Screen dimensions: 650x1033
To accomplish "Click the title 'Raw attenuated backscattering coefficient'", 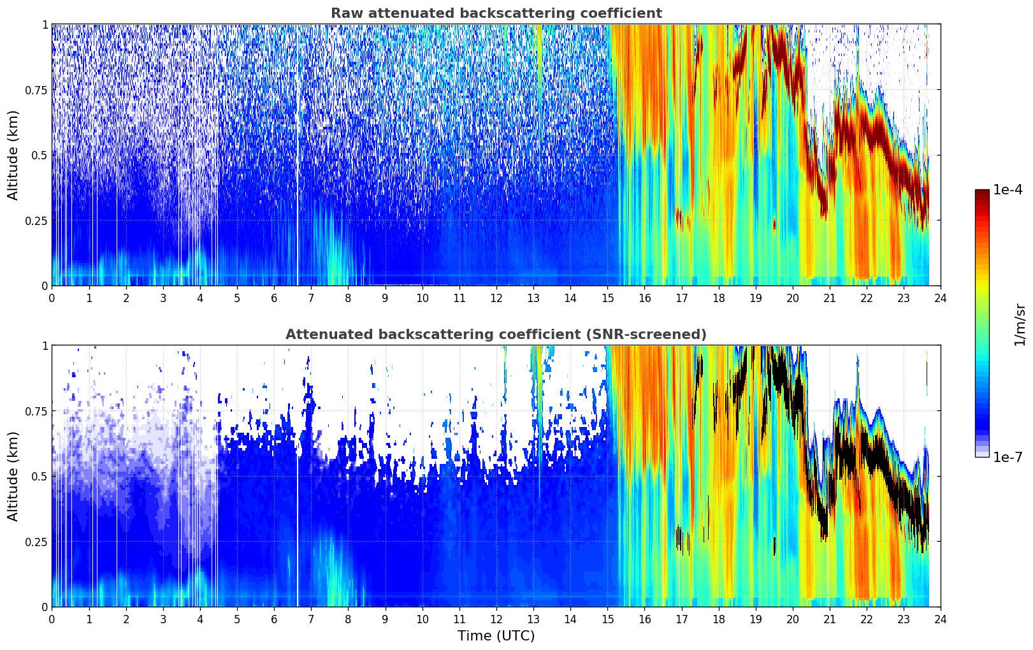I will (x=496, y=13).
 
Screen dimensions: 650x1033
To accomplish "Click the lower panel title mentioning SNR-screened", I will (x=496, y=335).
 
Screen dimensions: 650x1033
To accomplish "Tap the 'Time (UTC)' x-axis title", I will (x=496, y=636).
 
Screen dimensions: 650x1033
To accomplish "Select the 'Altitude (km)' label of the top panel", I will (x=13, y=155).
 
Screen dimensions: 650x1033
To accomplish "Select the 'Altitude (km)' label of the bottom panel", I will (x=13, y=476).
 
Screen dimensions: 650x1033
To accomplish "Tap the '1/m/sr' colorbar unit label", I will (x=1020, y=325).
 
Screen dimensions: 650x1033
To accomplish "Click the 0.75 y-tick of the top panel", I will (x=36, y=90).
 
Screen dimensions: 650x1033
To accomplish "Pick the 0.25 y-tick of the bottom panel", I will (x=36, y=542).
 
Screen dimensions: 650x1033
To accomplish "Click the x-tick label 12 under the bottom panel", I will (x=496, y=619).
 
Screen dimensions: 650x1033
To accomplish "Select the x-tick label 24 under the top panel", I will (x=940, y=298).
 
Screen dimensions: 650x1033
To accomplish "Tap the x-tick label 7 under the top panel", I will (x=311, y=298).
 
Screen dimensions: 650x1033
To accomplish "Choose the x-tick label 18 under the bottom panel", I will (x=718, y=619).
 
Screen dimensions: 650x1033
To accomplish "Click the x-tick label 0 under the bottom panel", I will (x=52, y=619).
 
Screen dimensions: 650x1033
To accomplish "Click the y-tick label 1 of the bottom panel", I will (x=45, y=346).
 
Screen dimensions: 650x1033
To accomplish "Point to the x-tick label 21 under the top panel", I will (x=829, y=298).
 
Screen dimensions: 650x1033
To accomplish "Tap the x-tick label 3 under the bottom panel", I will (x=163, y=619).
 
